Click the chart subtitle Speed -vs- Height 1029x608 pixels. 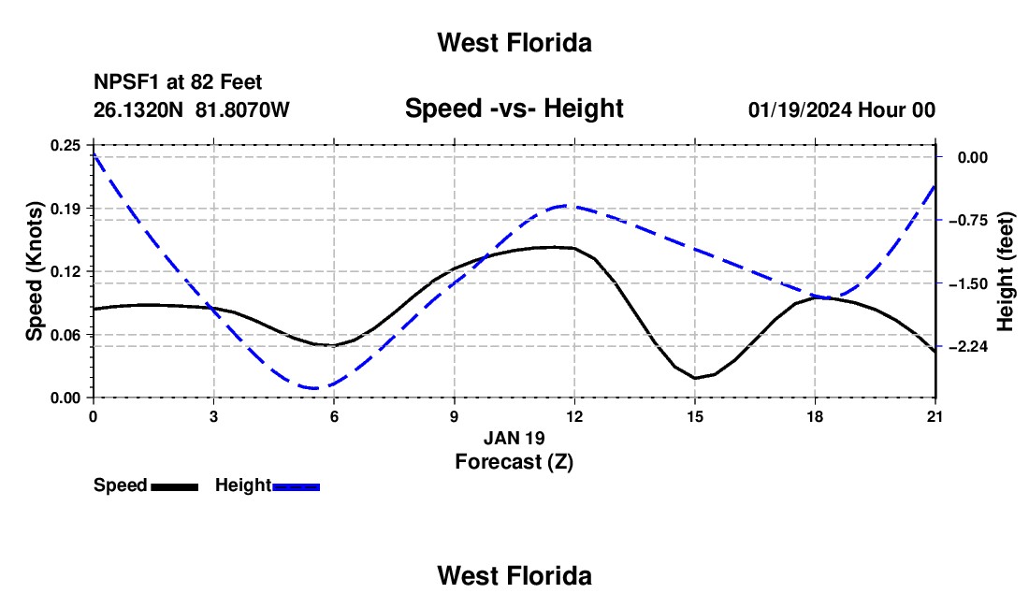514,109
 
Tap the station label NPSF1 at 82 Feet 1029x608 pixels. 178,82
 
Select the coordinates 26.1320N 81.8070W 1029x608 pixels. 192,109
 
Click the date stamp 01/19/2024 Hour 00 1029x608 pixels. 842,109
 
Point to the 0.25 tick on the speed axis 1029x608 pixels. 65,145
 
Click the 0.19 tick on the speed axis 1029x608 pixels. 65,209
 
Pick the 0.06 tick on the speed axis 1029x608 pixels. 65,335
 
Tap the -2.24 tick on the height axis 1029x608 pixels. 968,346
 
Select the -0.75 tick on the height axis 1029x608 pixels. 968,221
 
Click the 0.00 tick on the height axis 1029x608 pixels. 973,157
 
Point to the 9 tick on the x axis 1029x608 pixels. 454,416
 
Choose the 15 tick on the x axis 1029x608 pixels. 695,416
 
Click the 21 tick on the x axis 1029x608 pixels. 935,416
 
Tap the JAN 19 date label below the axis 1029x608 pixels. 514,438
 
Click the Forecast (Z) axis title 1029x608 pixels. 514,462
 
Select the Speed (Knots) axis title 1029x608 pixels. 34,271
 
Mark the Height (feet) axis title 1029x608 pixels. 1005,271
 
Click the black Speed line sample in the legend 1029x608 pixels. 175,486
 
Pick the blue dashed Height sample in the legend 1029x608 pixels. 296,486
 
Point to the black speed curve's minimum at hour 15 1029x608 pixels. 695,379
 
